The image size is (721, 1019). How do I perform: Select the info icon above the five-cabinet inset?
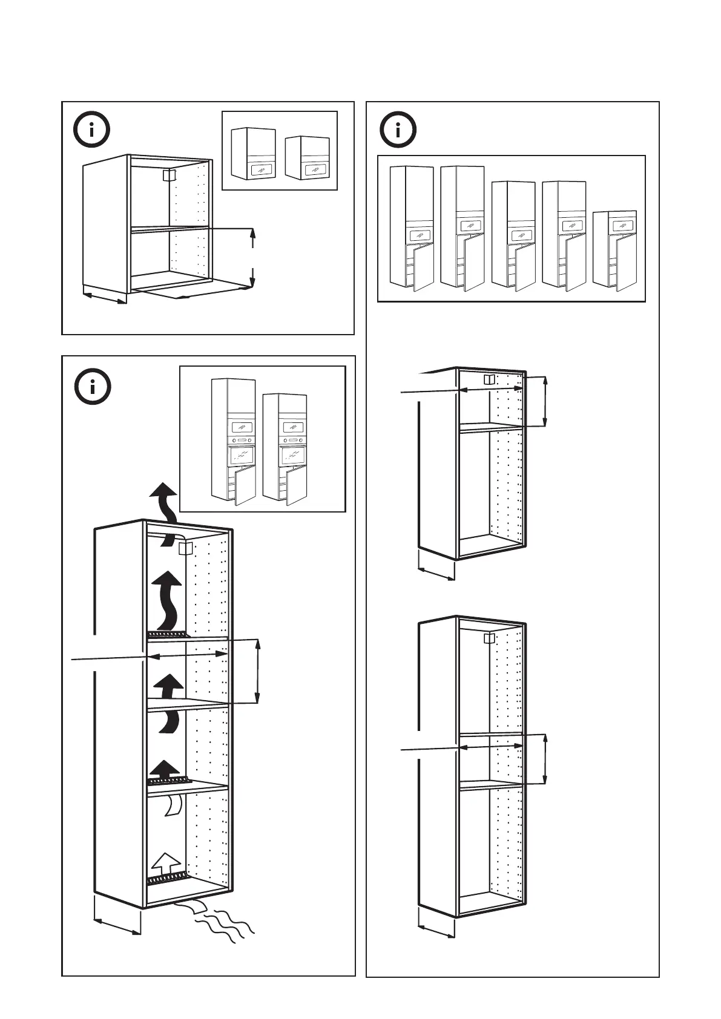[x=398, y=130]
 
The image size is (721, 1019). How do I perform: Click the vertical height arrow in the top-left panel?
[x=252, y=257]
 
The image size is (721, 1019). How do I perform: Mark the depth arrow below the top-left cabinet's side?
[x=104, y=297]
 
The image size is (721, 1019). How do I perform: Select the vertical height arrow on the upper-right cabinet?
[x=545, y=401]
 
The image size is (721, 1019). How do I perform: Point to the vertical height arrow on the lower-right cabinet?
[x=545, y=759]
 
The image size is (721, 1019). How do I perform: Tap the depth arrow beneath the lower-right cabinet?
[x=436, y=931]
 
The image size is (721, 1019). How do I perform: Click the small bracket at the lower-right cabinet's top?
[x=489, y=638]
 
